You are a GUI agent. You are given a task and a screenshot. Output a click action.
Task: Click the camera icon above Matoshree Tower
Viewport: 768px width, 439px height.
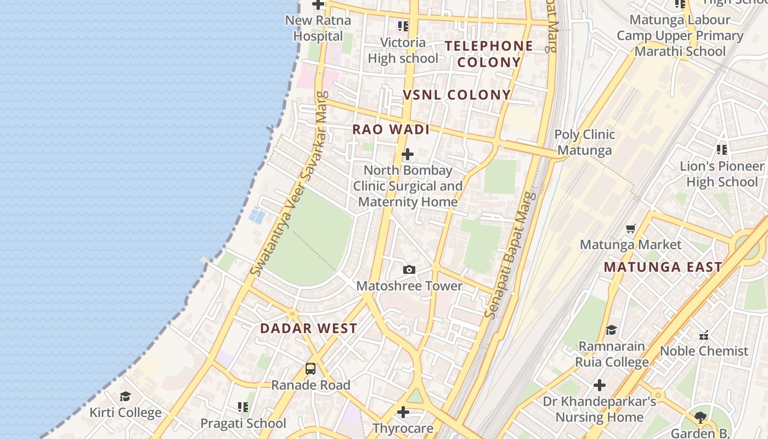(x=409, y=269)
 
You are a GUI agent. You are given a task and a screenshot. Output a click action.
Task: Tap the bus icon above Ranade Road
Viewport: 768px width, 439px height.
(x=310, y=369)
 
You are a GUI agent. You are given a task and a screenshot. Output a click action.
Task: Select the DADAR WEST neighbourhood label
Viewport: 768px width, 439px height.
(x=308, y=329)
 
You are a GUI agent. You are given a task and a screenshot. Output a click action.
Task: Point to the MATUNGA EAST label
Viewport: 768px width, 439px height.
(x=663, y=267)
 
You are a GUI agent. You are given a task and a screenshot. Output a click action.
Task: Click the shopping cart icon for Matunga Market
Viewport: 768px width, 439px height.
(x=631, y=228)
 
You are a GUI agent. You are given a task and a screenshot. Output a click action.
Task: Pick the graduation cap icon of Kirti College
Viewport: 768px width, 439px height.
(x=125, y=396)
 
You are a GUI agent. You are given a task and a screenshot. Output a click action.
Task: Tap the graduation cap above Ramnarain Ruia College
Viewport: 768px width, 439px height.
(x=611, y=330)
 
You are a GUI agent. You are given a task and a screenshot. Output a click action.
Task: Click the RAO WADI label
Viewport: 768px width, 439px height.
(x=391, y=130)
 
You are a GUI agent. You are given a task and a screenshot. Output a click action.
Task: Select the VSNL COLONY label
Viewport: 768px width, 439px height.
(x=457, y=95)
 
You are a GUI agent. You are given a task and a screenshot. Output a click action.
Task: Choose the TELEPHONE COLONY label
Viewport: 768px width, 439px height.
(x=488, y=54)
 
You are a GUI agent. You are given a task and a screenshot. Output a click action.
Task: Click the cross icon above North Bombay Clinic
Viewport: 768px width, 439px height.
(x=407, y=154)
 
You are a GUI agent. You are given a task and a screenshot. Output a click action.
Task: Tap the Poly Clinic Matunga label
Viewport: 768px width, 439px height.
(x=584, y=142)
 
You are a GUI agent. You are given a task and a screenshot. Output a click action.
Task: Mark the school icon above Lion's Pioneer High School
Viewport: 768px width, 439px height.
(x=721, y=149)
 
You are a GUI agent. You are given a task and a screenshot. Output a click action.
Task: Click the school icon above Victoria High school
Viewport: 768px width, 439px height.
(x=403, y=26)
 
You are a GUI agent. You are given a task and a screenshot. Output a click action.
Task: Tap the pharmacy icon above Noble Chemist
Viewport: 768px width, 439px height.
(x=704, y=335)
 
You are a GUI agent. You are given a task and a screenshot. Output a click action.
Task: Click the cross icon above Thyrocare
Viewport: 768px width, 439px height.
(x=403, y=412)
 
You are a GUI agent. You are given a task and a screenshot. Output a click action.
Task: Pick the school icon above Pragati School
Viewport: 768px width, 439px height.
(x=243, y=407)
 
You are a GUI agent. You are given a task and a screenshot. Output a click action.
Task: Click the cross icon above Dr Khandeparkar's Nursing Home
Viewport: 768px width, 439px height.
(x=600, y=385)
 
